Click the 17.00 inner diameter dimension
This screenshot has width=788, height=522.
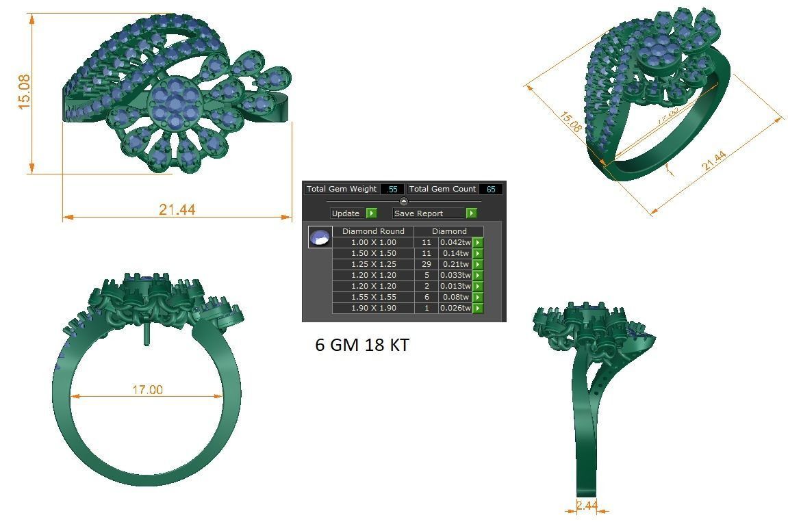147,389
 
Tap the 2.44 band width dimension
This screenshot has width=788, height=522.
587,506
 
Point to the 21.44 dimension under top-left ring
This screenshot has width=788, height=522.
177,209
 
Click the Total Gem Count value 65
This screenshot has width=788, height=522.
491,189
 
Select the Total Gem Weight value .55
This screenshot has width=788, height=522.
392,189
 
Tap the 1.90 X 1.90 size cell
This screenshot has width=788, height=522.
373,308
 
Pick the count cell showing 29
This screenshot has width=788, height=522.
427,264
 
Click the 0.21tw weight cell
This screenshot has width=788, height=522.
455,264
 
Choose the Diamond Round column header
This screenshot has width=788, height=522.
373,231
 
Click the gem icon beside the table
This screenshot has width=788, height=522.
320,237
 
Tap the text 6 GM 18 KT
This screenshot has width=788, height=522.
362,345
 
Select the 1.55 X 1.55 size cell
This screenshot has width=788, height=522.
373,297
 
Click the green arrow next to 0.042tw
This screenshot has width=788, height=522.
477,242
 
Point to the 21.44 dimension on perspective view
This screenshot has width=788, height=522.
713,161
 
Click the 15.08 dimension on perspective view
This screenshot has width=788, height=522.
570,122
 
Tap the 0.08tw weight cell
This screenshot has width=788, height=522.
455,297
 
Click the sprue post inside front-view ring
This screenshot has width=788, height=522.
147,335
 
